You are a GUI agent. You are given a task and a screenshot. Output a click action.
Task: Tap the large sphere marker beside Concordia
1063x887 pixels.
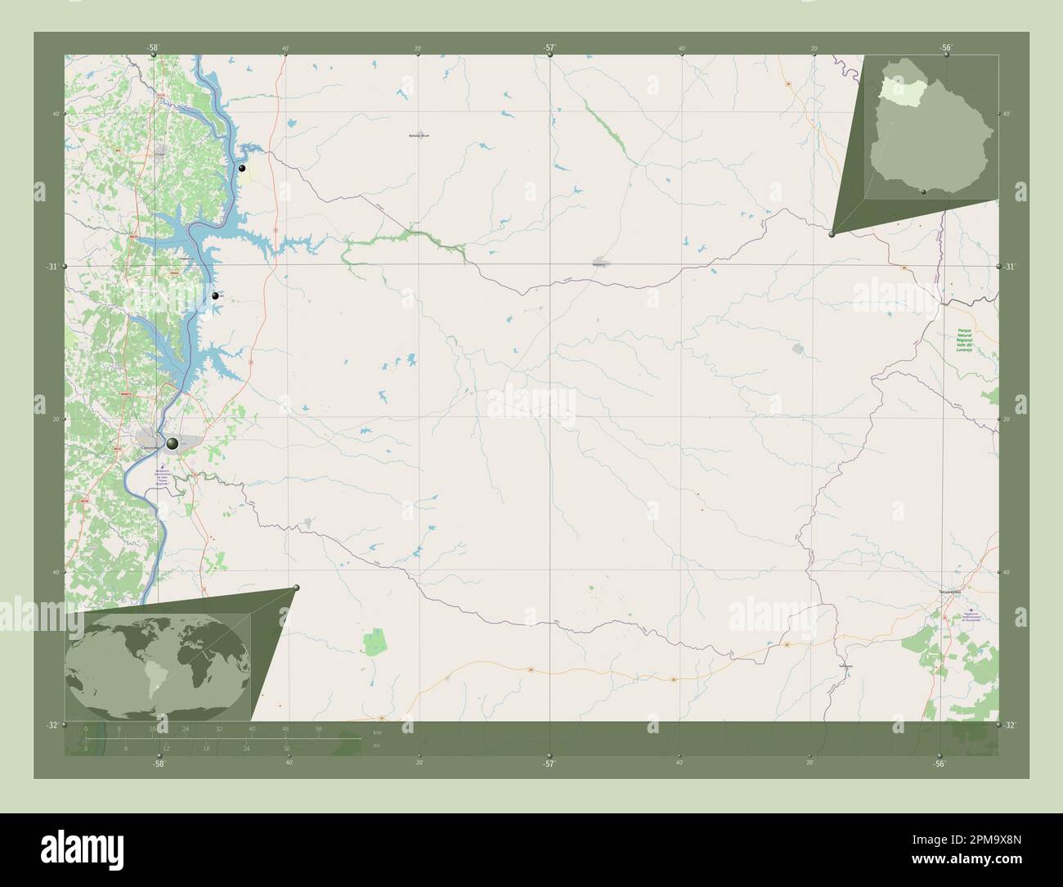click(172, 443)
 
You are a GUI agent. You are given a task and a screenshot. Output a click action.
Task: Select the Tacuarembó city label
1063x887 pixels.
click(949, 589)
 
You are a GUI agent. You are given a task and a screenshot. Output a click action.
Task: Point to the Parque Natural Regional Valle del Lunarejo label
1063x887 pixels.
click(965, 341)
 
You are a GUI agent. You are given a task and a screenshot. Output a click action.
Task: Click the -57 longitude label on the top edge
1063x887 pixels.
click(549, 48)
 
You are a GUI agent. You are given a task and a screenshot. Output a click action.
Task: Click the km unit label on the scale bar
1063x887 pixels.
click(377, 732)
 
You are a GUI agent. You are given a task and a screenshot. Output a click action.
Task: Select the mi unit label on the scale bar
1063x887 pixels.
click(376, 744)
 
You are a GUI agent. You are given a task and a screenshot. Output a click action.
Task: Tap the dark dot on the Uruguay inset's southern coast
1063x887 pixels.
click(923, 191)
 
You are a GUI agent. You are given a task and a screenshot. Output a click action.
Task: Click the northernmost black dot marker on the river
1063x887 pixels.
click(242, 168)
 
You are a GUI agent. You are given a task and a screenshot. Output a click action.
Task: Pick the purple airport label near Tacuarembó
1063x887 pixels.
click(970, 615)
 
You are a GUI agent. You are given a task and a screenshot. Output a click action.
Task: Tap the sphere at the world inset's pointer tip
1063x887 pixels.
click(296, 588)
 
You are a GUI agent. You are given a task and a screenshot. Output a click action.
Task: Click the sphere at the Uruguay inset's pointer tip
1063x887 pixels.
click(832, 234)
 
